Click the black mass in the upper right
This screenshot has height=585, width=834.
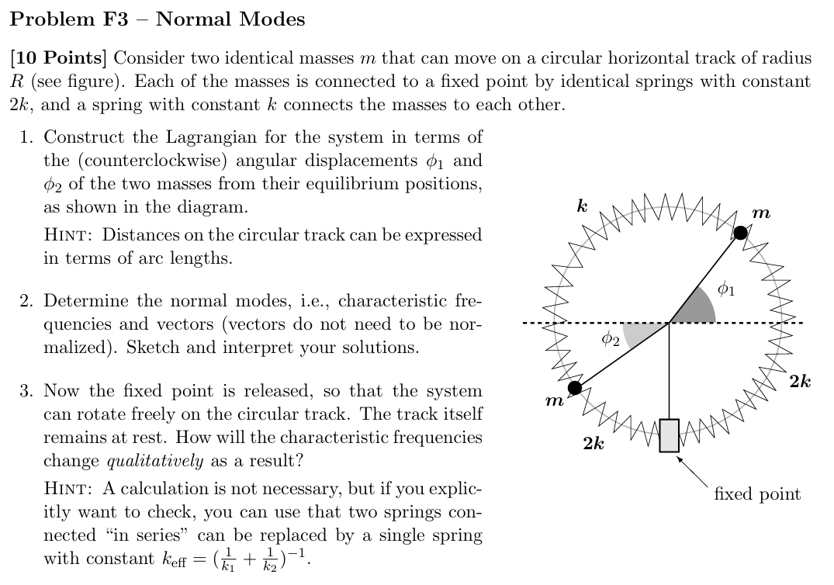click(741, 232)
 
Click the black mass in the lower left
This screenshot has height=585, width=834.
click(575, 387)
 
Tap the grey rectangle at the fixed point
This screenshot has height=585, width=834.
click(669, 435)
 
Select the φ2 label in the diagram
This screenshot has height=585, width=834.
click(611, 339)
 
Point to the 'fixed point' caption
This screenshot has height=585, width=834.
click(756, 494)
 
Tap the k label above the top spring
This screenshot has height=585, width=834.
click(582, 206)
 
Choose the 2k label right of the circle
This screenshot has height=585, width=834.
click(800, 381)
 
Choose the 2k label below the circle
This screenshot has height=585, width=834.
click(594, 443)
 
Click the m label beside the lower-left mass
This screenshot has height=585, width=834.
click(553, 401)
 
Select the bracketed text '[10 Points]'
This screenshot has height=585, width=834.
click(60, 58)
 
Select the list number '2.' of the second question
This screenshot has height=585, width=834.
click(27, 300)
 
